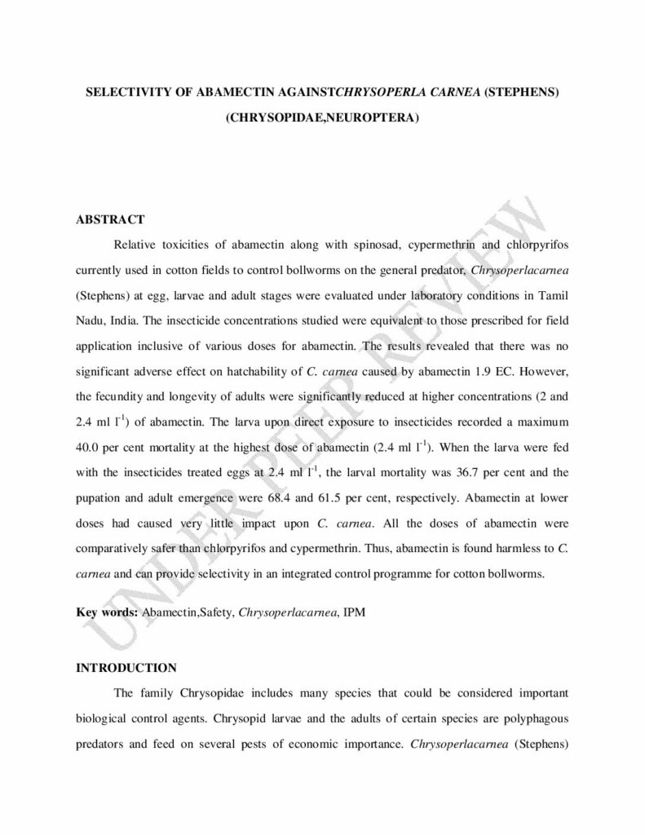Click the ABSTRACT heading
tap(110, 219)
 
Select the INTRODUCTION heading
tap(126, 668)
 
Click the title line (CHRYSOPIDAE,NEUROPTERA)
tap(322, 117)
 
